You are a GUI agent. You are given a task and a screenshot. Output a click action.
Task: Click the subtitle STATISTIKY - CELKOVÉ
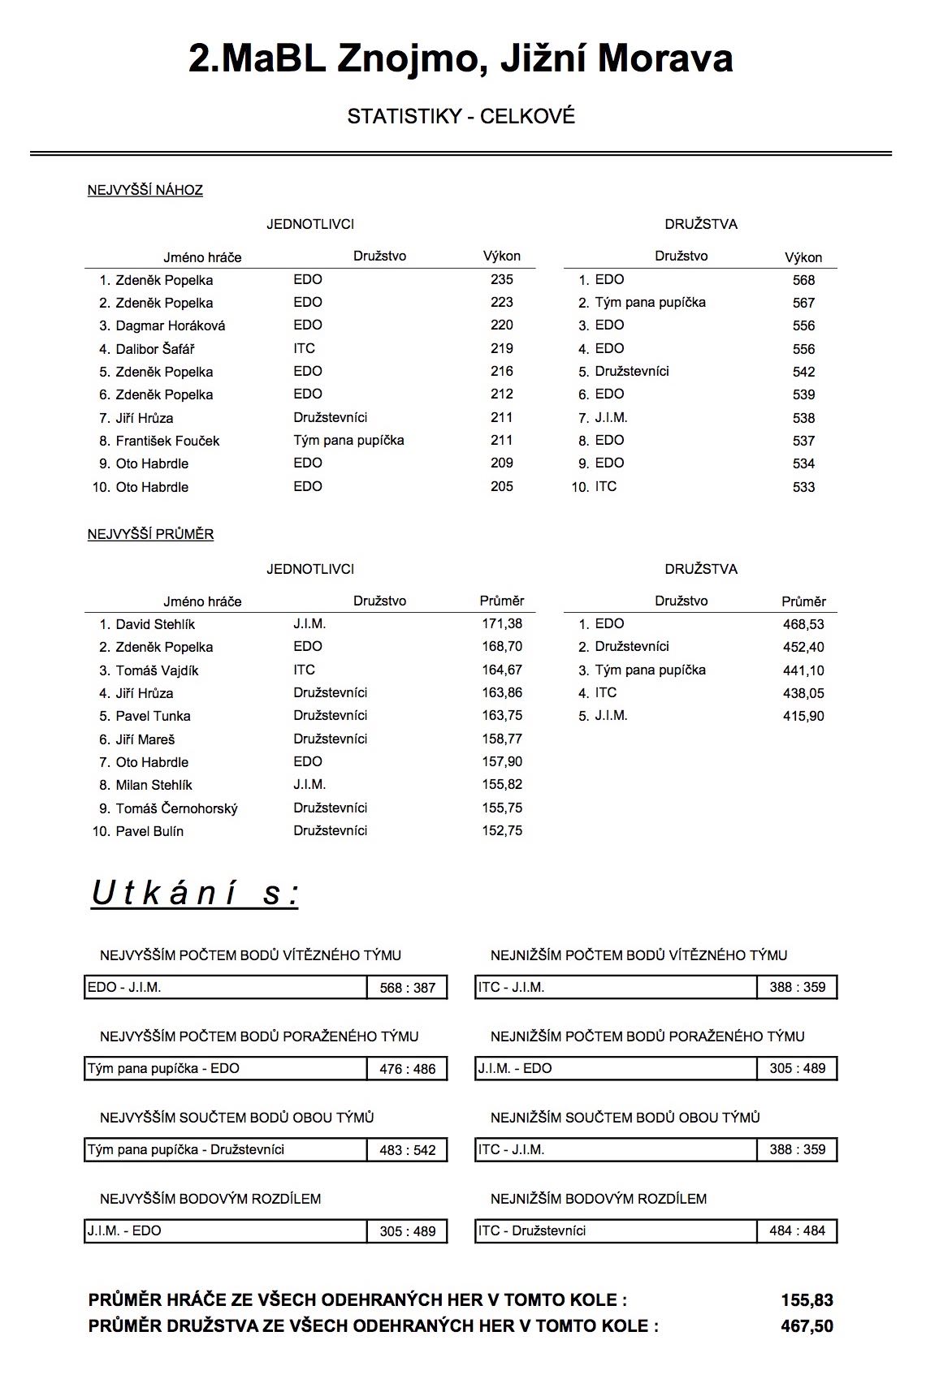(461, 117)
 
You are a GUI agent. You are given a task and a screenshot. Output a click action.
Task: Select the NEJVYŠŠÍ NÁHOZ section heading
(145, 191)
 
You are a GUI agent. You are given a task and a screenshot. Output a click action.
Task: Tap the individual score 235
(502, 279)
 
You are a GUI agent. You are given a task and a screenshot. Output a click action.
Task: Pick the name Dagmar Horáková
(171, 325)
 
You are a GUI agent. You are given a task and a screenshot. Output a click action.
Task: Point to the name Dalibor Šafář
(155, 349)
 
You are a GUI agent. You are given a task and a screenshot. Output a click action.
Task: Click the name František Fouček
(167, 441)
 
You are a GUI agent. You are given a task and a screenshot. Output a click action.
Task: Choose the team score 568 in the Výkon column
(803, 280)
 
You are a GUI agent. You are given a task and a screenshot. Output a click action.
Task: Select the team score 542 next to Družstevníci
(803, 372)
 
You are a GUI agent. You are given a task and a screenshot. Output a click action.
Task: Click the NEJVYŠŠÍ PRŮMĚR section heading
(150, 535)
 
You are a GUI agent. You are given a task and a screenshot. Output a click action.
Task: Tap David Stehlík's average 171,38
(502, 624)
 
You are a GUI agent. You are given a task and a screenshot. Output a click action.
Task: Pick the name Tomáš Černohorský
(176, 808)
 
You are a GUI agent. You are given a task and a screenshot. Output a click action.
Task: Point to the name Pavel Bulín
(149, 831)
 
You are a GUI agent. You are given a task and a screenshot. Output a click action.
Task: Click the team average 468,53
(803, 624)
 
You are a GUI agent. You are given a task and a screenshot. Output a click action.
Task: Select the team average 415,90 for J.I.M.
(803, 716)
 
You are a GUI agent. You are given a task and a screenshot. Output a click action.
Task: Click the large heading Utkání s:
(195, 893)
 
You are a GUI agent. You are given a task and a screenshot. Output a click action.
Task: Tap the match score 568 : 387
(408, 988)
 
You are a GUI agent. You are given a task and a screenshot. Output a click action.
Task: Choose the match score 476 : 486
(408, 1069)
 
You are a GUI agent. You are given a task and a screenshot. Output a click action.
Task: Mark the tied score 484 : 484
(797, 1230)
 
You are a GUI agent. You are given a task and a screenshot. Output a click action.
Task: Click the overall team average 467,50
(807, 1326)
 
